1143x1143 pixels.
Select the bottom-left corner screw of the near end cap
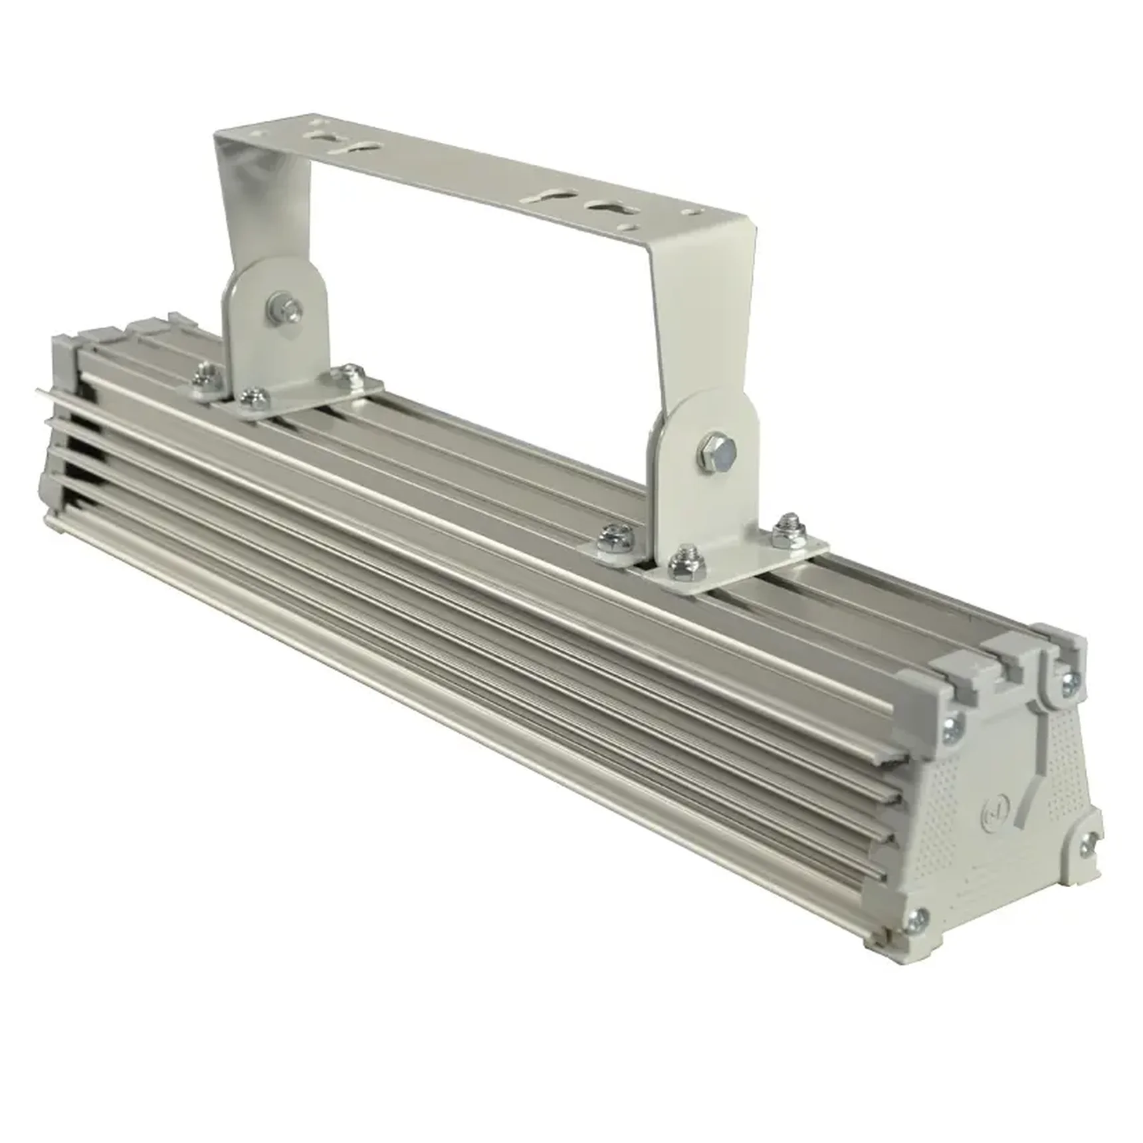918,920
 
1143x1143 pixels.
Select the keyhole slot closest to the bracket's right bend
609,207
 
